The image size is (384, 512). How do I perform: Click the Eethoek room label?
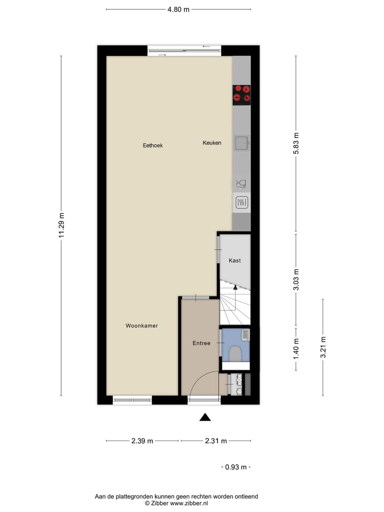(152, 145)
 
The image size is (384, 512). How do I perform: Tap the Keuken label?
(212, 143)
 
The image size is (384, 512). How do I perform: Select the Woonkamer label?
(142, 325)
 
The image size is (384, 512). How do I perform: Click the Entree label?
(201, 343)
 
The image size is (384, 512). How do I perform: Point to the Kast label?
(235, 260)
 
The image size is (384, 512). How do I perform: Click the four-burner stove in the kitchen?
(242, 94)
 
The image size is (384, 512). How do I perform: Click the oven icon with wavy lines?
(242, 202)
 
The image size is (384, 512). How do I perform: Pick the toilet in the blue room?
(235, 353)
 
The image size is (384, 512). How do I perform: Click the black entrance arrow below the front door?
(205, 417)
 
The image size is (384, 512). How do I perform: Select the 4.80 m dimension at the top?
(178, 9)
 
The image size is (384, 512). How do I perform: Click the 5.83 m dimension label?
(297, 145)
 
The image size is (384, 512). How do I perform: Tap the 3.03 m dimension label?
(297, 279)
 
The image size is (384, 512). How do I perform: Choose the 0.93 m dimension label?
(236, 467)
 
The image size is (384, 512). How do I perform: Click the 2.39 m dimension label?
(142, 441)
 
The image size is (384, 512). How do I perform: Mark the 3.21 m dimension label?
(323, 348)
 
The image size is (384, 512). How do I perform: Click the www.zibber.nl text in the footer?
(189, 503)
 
